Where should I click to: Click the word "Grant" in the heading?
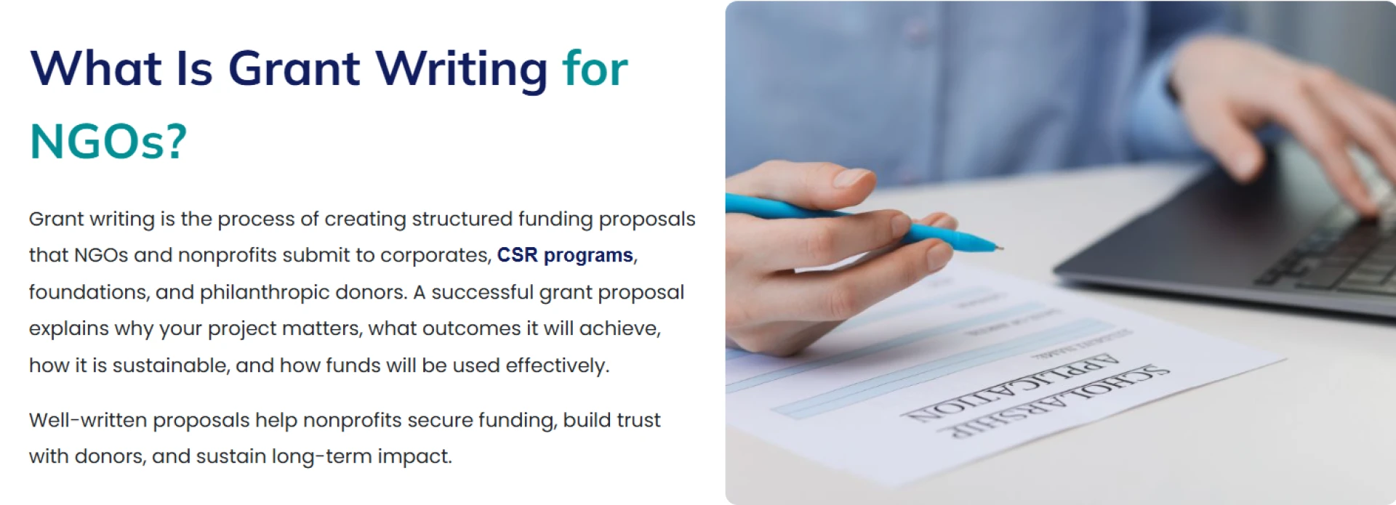point(294,69)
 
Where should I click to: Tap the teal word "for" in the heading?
point(595,69)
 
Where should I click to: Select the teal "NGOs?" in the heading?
point(108,141)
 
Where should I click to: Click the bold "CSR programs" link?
point(565,256)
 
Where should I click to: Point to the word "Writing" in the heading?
point(461,69)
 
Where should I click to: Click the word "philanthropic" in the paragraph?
point(265,292)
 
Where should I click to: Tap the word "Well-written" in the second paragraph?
point(88,420)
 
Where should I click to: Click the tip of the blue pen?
point(998,247)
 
